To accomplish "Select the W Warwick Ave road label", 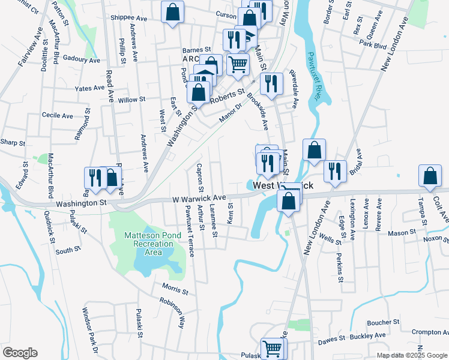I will pos(199,197).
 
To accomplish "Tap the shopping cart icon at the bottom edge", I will pos(273,347).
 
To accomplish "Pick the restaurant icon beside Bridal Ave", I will pos(335,170).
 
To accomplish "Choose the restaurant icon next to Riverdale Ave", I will pos(273,84).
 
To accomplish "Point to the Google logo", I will pos(20,353).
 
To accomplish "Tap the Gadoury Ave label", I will pos(81,60).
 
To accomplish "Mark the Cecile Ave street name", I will pos(58,115).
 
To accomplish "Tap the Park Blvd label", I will pos(373,44).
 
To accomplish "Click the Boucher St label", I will pos(379,322).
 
